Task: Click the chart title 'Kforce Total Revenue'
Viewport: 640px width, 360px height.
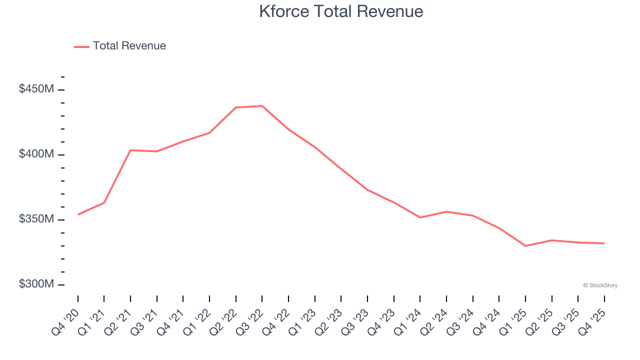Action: (x=341, y=11)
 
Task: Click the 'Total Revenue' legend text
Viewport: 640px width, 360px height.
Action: (x=129, y=46)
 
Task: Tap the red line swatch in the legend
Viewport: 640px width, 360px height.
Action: (x=81, y=46)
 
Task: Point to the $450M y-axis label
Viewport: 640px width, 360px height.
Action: (x=36, y=89)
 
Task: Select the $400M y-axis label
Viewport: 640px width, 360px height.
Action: (x=36, y=154)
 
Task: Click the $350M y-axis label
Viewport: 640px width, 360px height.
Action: (x=36, y=219)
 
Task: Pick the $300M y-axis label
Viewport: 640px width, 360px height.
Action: (x=36, y=284)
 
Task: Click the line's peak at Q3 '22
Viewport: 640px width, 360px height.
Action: (x=262, y=106)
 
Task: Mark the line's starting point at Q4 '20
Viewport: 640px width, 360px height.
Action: (x=78, y=214)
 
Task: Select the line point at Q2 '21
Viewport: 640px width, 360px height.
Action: (x=130, y=150)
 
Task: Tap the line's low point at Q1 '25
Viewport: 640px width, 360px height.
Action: (x=525, y=246)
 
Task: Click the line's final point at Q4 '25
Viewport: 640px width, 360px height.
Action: (x=604, y=243)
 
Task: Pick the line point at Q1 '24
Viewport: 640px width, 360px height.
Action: (x=420, y=217)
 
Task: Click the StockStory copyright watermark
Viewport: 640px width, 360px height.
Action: (x=600, y=285)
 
